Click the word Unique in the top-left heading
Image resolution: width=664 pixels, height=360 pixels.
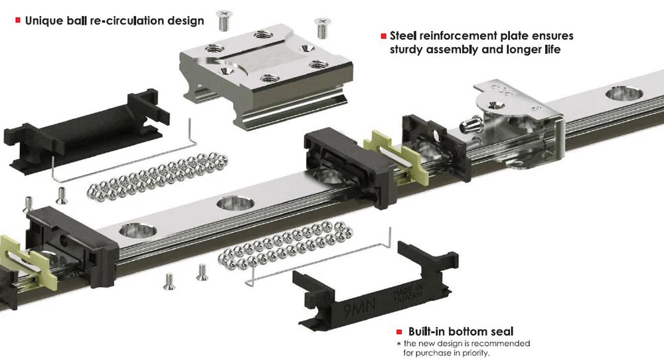tap(44, 21)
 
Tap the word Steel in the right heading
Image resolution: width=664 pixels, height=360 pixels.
tap(406, 36)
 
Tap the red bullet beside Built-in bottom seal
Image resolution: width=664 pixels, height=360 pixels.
tap(398, 331)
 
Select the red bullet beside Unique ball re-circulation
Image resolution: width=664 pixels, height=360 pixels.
tap(17, 21)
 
